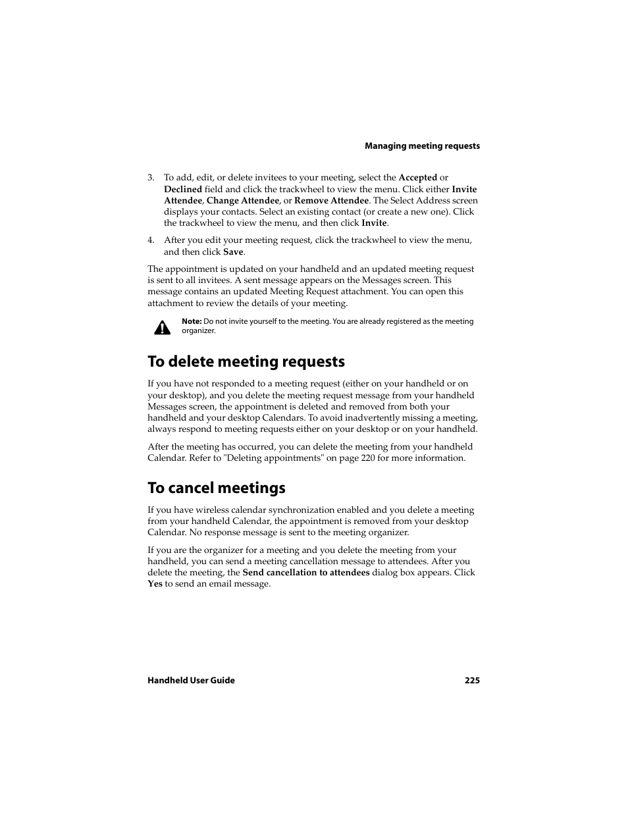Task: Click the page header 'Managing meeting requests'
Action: click(422, 146)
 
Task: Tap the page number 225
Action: click(472, 681)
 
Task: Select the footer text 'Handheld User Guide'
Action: click(191, 681)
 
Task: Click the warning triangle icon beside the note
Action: click(162, 327)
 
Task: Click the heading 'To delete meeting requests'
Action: click(246, 361)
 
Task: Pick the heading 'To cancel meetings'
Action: click(217, 488)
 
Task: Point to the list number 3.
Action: click(151, 178)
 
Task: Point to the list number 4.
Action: click(151, 240)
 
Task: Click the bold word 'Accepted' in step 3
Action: click(417, 178)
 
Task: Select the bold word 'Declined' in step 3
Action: click(183, 189)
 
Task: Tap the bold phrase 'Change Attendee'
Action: click(243, 201)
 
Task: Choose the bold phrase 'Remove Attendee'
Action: click(331, 201)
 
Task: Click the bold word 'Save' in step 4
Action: click(233, 252)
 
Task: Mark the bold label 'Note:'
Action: click(192, 322)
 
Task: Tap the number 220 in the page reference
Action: click(368, 458)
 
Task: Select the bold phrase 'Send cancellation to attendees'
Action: click(305, 573)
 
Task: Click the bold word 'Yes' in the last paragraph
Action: click(155, 584)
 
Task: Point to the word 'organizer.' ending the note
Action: click(199, 331)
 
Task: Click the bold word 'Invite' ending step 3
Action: click(374, 223)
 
